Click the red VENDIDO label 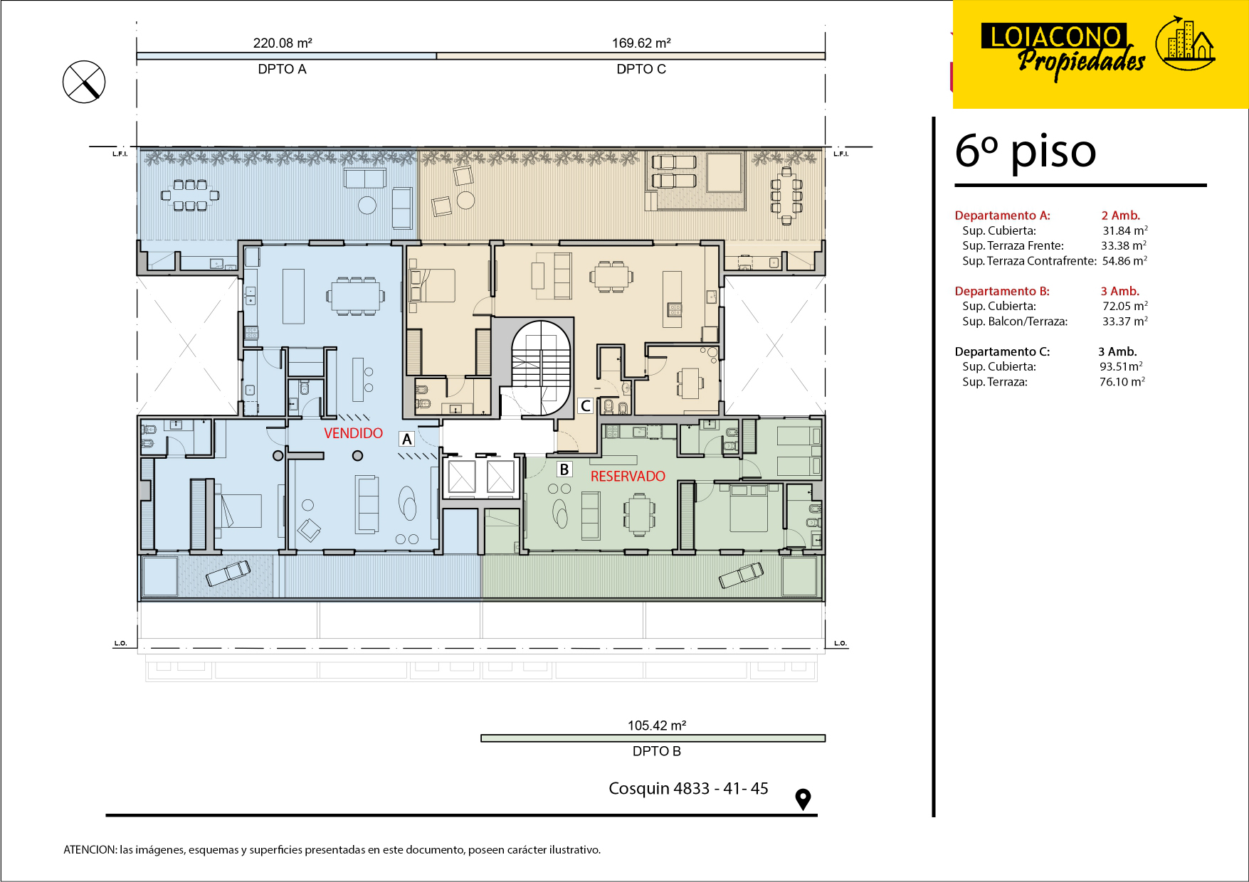coord(353,433)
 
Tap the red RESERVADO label coord(628,477)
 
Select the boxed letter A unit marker coord(407,439)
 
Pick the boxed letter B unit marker coord(564,469)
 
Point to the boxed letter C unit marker coord(585,405)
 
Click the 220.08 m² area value coord(283,43)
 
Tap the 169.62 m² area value coord(641,43)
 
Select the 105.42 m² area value coord(657,726)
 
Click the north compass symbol coord(84,82)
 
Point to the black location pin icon coord(803,799)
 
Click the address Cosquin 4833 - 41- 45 coord(688,788)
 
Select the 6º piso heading coord(1026,151)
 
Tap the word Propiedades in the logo coord(1081,60)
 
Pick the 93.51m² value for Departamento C coord(1121,366)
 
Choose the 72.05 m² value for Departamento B coord(1125,306)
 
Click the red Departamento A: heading coord(1002,216)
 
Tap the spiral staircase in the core coord(541,367)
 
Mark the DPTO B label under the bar coord(657,751)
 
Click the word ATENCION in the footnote coord(90,849)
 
